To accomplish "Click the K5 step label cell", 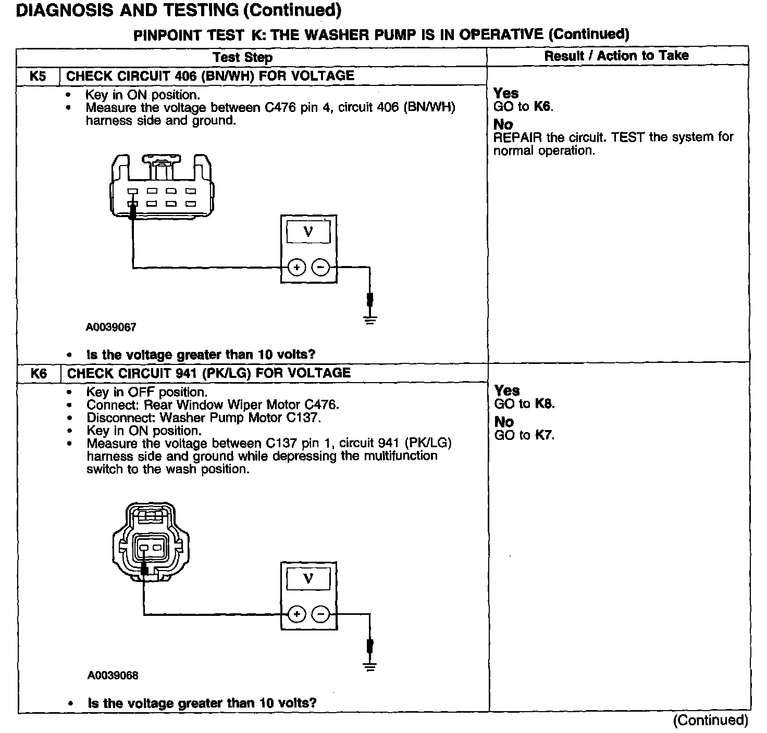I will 38,76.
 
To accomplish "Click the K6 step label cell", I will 39,373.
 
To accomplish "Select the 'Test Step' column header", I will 243,57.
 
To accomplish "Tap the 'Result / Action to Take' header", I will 616,56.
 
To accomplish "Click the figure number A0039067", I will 111,327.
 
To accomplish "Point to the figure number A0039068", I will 113,675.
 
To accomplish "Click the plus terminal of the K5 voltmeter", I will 296,268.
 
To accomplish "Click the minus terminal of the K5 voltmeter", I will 320,268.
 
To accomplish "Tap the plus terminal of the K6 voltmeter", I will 297,614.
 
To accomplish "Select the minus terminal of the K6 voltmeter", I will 321,614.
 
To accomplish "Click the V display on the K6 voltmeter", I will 308,578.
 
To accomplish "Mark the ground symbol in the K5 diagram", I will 370,319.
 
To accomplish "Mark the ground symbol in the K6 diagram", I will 370,666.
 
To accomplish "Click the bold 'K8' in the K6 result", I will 545,404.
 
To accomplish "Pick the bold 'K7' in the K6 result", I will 544,435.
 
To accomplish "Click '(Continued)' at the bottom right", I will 711,721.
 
